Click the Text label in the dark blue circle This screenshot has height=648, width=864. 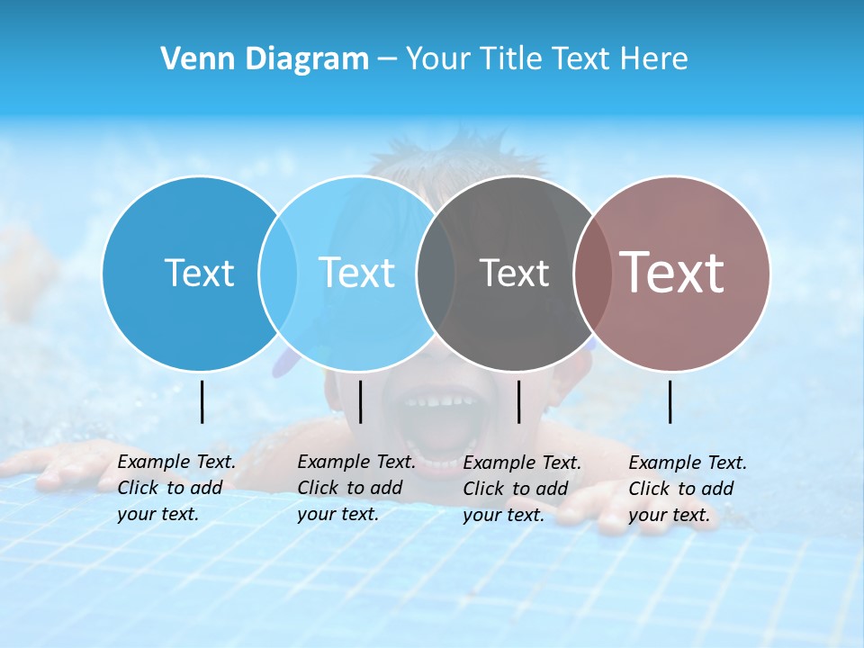(x=199, y=273)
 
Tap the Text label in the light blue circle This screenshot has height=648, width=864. (x=356, y=273)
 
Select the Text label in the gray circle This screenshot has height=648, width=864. (x=514, y=273)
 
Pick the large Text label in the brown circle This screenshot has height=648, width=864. (x=672, y=273)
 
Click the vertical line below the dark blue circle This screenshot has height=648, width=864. (x=202, y=401)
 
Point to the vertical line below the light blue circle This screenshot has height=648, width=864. (x=360, y=401)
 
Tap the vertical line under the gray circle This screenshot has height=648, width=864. (x=518, y=401)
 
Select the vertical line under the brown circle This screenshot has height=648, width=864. (x=670, y=401)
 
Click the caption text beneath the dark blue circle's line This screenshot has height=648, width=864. (x=175, y=488)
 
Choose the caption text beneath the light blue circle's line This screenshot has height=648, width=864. (x=355, y=488)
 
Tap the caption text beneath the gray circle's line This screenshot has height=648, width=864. (x=521, y=489)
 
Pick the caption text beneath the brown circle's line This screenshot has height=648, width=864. (x=687, y=489)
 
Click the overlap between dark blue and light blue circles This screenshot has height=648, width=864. (x=278, y=274)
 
